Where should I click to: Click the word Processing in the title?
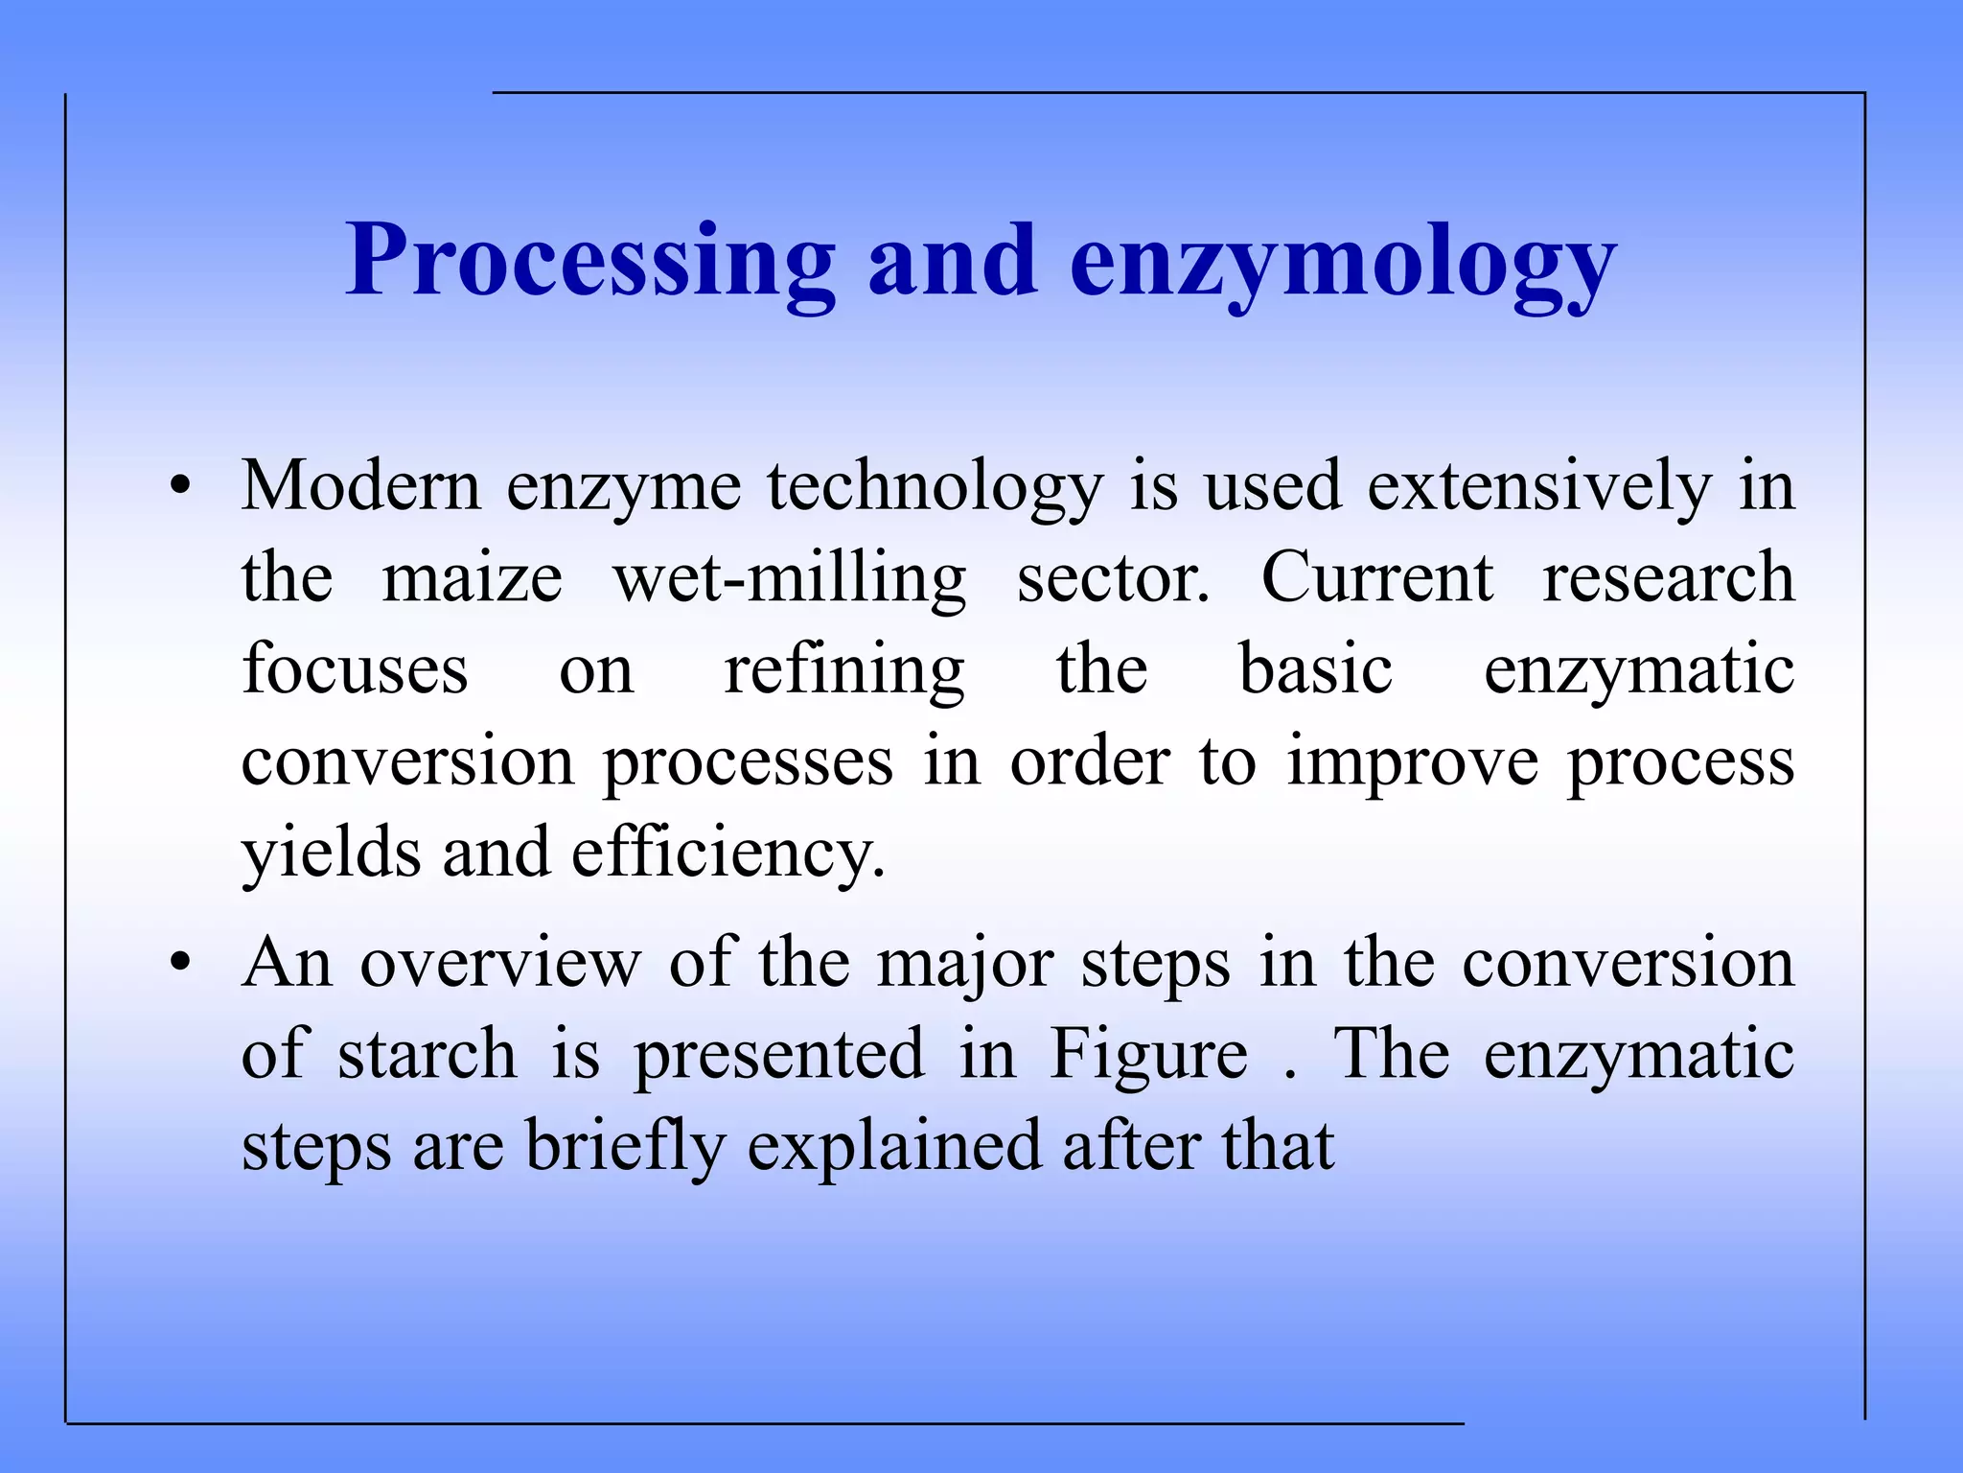point(590,261)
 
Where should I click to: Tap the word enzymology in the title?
point(1343,261)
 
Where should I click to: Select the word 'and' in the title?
point(953,261)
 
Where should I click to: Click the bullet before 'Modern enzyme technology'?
point(180,487)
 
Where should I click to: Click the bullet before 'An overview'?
point(180,963)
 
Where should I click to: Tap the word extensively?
point(1538,487)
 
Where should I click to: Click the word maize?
point(473,579)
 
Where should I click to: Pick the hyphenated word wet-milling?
point(790,579)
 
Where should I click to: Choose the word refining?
point(843,670)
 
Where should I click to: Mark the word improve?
point(1412,763)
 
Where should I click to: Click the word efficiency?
point(727,853)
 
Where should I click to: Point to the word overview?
point(500,963)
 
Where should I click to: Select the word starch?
point(427,1054)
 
